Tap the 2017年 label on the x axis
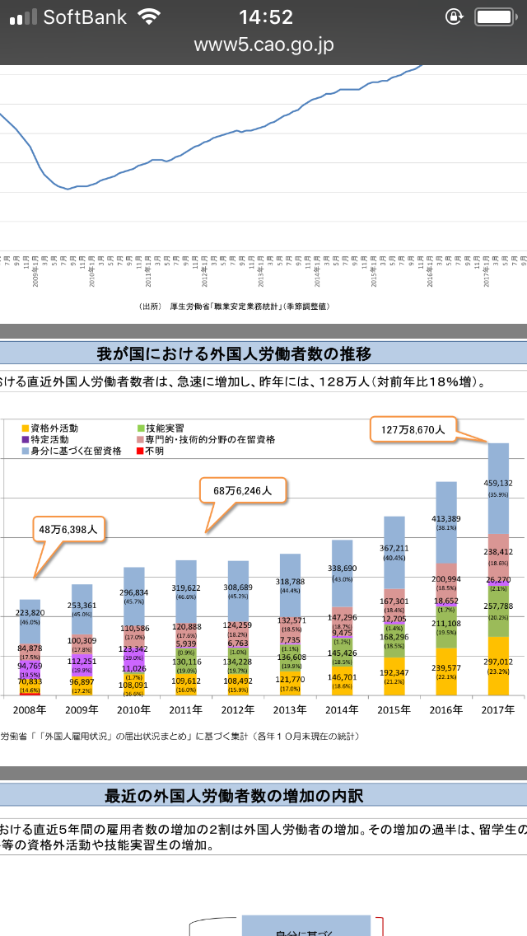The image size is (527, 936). pos(498,709)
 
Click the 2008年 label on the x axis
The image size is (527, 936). pos(30,709)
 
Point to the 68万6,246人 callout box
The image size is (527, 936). pos(243,490)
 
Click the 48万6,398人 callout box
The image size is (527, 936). pos(68,530)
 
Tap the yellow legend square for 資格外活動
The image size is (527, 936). pos(26,428)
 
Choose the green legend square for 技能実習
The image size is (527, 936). pos(141,428)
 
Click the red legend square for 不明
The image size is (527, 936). pos(141,451)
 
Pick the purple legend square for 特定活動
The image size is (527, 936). pos(26,440)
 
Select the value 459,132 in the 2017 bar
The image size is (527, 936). pos(498,484)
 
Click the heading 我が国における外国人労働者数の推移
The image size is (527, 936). pos(234,353)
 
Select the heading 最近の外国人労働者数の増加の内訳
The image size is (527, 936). pos(234,796)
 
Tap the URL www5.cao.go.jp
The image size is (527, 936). pos(263,44)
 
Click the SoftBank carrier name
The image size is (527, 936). pos(85,16)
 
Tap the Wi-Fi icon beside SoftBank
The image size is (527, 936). pos(150,16)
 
